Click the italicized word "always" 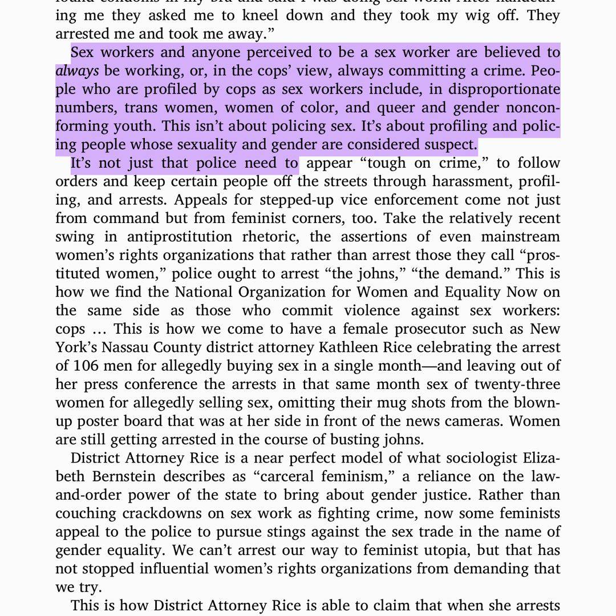(x=77, y=71)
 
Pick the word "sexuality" (x=228, y=144)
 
